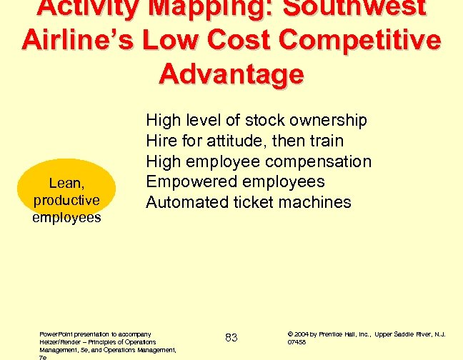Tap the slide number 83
click(231, 337)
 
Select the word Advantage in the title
click(231, 73)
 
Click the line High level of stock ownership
click(256, 120)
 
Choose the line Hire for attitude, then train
click(244, 141)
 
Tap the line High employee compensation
click(259, 161)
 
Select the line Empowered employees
click(235, 181)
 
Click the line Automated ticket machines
click(249, 202)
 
